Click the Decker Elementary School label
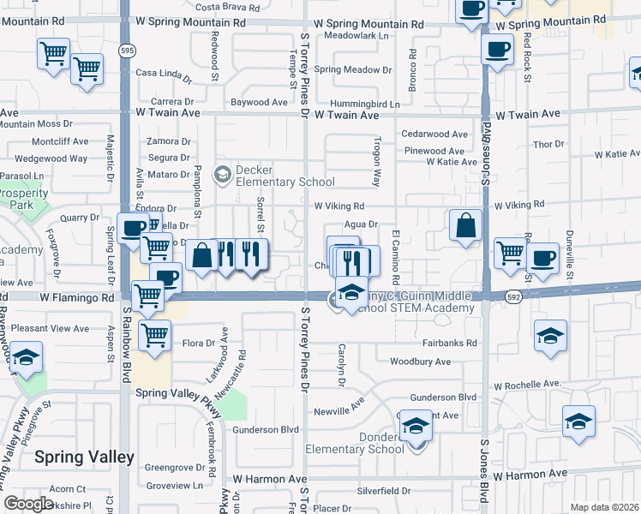(x=285, y=176)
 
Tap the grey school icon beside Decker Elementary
(x=223, y=174)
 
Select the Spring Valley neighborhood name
(x=84, y=457)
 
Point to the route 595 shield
(x=126, y=51)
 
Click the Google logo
(x=28, y=504)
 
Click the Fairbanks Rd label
(x=448, y=343)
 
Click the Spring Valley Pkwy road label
(x=179, y=397)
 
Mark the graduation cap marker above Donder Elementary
(x=416, y=426)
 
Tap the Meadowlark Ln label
(x=357, y=37)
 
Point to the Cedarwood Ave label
(x=434, y=134)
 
